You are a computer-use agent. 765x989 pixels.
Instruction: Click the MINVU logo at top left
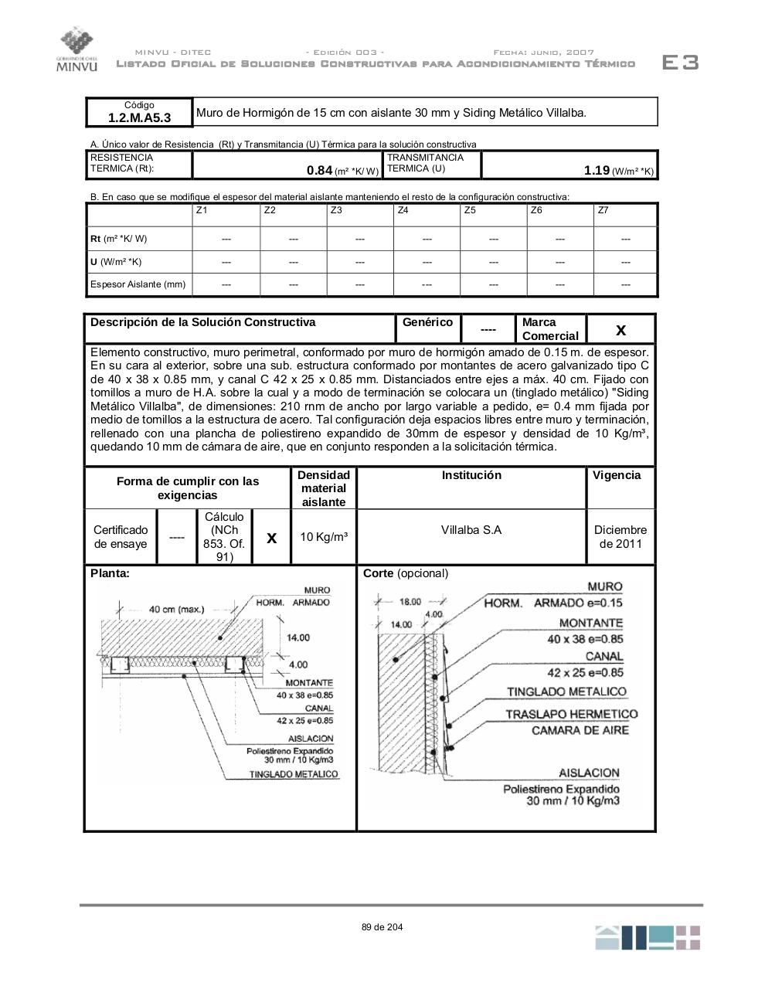click(77, 49)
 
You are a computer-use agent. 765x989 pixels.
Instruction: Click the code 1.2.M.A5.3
click(139, 118)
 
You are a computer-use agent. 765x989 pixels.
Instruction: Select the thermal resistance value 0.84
click(319, 171)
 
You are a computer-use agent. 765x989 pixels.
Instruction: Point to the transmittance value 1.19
click(597, 171)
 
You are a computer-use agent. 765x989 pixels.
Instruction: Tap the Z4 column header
click(403, 210)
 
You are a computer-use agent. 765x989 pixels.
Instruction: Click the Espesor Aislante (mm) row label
click(138, 284)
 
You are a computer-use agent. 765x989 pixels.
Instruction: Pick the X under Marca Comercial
click(620, 331)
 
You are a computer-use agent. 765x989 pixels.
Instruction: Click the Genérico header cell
click(427, 322)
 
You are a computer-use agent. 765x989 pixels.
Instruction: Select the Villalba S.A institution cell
click(471, 530)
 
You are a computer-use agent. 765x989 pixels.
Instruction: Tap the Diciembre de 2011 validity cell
click(620, 536)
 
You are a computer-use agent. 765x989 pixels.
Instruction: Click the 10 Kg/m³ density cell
click(323, 537)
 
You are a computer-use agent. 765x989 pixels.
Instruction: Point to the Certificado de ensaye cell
click(121, 536)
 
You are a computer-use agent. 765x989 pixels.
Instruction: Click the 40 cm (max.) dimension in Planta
click(176, 609)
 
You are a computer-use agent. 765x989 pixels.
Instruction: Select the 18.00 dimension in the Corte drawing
click(410, 602)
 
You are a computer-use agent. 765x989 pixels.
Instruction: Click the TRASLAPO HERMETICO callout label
click(572, 714)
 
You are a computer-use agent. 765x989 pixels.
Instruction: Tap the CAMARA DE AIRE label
click(580, 730)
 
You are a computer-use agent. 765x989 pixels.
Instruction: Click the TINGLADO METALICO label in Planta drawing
click(293, 773)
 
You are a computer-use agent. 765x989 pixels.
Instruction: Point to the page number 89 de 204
click(382, 927)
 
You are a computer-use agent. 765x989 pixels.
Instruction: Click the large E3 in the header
click(680, 63)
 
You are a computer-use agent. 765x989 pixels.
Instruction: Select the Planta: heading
click(110, 573)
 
